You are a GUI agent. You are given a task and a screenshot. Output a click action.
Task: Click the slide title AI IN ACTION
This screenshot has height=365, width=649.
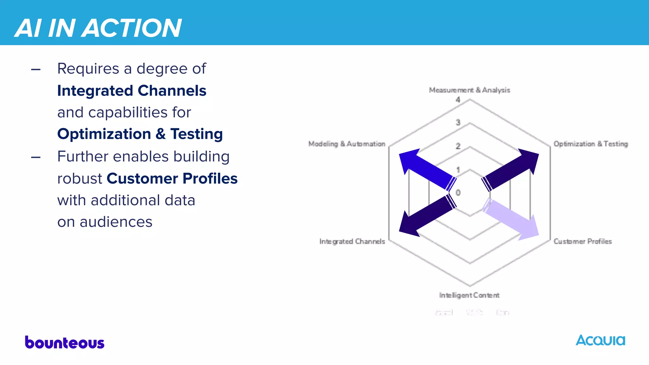point(98,28)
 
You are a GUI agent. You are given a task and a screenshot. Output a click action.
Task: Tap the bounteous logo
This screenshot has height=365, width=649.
point(65,343)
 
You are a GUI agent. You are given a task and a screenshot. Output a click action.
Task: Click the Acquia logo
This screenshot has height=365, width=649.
point(600,341)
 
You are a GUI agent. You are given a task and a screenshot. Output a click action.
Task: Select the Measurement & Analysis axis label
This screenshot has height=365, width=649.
point(469,90)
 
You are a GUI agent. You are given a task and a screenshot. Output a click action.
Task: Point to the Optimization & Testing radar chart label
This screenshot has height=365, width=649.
point(590,144)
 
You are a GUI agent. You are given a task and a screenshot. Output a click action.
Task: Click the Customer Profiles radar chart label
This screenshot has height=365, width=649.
point(582,241)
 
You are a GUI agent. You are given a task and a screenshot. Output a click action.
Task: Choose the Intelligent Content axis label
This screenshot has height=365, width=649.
point(469,295)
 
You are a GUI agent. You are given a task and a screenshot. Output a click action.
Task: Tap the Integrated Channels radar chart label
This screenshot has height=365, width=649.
point(352,241)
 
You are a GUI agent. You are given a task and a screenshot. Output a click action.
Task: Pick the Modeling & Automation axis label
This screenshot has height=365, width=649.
point(347,144)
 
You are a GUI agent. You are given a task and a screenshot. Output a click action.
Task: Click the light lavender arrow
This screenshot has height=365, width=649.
point(512,220)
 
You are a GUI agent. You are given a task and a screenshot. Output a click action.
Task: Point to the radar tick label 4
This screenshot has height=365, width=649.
point(458,100)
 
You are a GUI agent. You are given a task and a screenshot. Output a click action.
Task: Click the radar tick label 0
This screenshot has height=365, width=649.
point(458,192)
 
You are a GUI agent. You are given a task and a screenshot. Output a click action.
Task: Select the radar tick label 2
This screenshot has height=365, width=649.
point(458,146)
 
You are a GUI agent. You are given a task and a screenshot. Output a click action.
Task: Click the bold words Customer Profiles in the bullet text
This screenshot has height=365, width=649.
point(172,178)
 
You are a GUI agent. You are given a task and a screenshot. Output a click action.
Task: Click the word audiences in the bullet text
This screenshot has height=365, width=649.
point(116,222)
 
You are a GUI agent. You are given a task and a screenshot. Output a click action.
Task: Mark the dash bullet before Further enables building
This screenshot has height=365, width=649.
point(36,157)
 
